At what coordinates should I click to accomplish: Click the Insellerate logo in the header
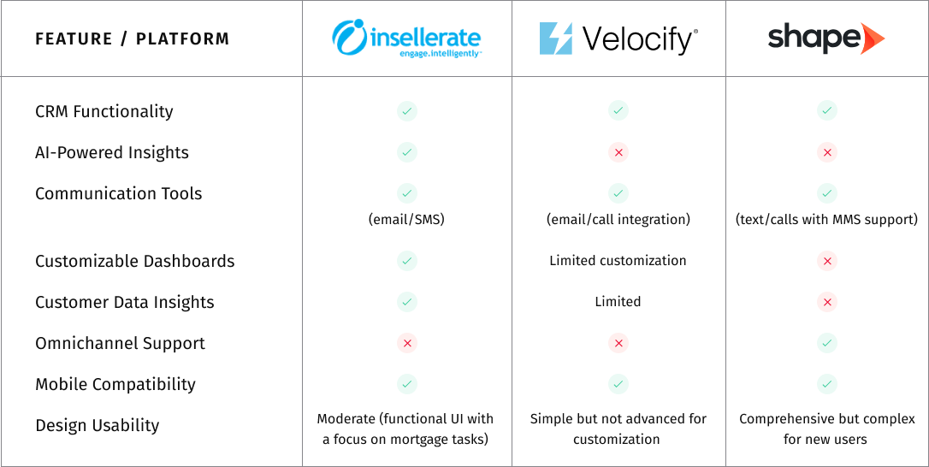406,38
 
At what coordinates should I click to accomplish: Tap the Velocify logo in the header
618,39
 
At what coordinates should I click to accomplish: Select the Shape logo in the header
826,38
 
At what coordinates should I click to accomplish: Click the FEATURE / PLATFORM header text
132,39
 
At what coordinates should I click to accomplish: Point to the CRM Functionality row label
104,111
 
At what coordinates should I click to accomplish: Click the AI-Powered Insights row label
112,152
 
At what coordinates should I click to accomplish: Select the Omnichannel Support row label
121,343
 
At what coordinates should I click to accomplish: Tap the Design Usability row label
98,425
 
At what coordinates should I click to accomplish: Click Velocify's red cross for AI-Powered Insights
618,152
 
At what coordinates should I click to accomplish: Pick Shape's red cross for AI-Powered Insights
827,152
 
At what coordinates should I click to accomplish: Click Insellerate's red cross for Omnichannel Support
407,343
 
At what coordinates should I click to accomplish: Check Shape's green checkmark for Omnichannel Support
827,343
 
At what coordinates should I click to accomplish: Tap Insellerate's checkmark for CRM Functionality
407,111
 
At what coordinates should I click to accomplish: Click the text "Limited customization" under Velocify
618,261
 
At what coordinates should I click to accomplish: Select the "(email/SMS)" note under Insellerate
406,220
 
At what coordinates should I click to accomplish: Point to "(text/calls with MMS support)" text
826,220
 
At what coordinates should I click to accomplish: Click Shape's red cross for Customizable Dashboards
827,261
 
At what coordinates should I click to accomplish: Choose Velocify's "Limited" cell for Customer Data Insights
618,302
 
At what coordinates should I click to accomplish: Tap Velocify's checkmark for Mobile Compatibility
618,384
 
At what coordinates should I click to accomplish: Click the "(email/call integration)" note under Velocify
618,220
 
